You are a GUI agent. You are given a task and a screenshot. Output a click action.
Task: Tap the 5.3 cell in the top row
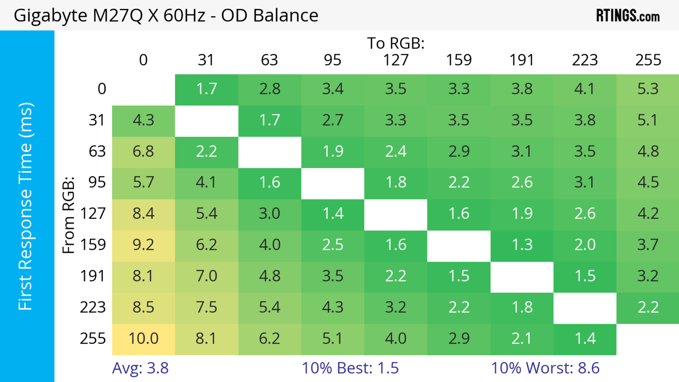point(648,89)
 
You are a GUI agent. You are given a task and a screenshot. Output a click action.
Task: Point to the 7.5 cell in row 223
point(206,307)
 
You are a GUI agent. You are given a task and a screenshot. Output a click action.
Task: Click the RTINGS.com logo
point(628,16)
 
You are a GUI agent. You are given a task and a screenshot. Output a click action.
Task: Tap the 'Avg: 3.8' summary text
point(140,368)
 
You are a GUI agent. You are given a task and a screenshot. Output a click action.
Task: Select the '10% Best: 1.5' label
point(350,368)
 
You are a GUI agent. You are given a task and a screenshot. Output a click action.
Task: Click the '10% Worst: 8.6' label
point(545,368)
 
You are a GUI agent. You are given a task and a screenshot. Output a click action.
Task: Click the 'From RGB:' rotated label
point(69,215)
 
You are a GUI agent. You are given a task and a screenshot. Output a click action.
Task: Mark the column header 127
point(396,60)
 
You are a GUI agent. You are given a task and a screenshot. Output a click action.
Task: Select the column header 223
point(585,60)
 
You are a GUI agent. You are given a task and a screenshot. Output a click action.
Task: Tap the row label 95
point(97,182)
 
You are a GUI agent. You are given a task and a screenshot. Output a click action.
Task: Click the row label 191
point(93,276)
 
